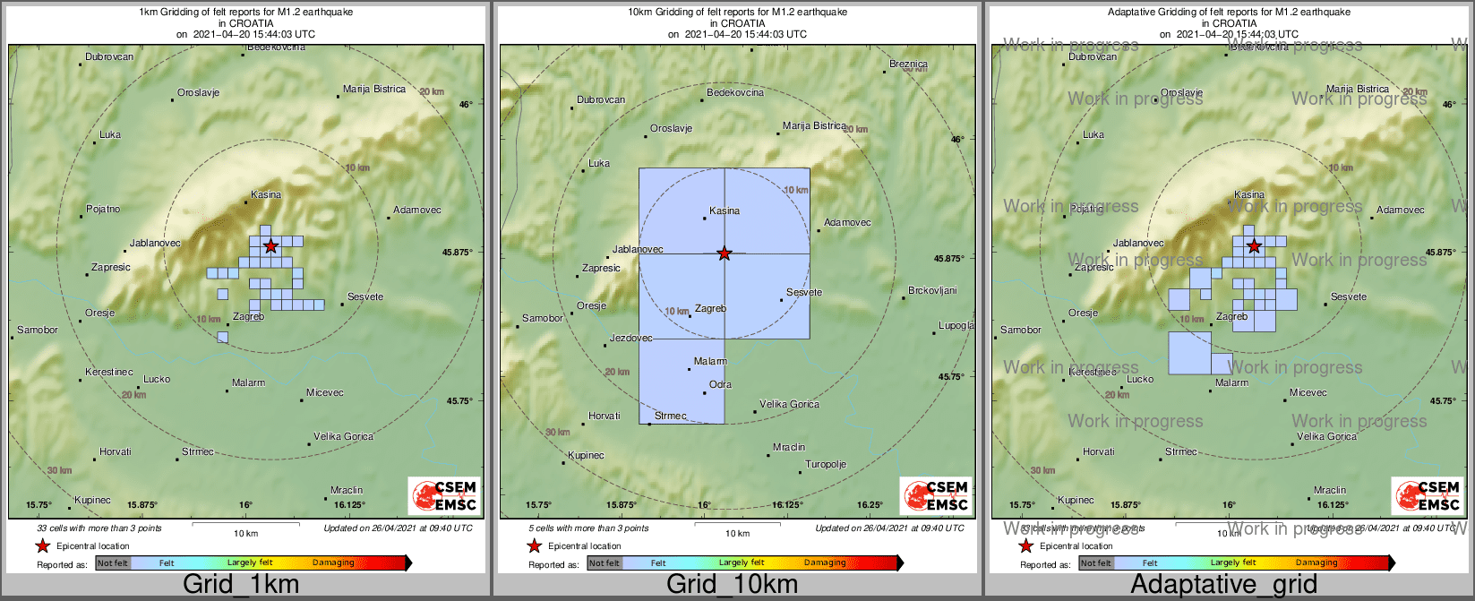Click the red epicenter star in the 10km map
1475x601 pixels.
point(725,253)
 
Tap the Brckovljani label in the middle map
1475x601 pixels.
point(932,290)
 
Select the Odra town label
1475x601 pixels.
point(720,384)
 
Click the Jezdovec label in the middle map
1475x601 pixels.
point(630,338)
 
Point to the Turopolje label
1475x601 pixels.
point(826,464)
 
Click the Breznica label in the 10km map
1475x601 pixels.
point(908,64)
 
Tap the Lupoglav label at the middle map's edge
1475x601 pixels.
point(956,325)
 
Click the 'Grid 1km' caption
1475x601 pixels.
point(241,585)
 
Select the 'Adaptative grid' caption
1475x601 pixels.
point(1223,585)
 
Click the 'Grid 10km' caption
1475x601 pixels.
point(732,585)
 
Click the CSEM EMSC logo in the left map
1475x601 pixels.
point(444,495)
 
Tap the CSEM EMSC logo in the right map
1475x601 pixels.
point(1428,495)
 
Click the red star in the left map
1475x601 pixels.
point(270,245)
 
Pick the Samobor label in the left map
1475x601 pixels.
point(38,330)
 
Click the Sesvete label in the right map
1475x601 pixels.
point(1349,296)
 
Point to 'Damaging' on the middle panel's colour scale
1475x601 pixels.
point(825,562)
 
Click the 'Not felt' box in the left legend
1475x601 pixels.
point(113,562)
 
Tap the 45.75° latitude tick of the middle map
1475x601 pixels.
point(951,377)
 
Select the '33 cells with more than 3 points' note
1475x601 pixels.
point(99,528)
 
